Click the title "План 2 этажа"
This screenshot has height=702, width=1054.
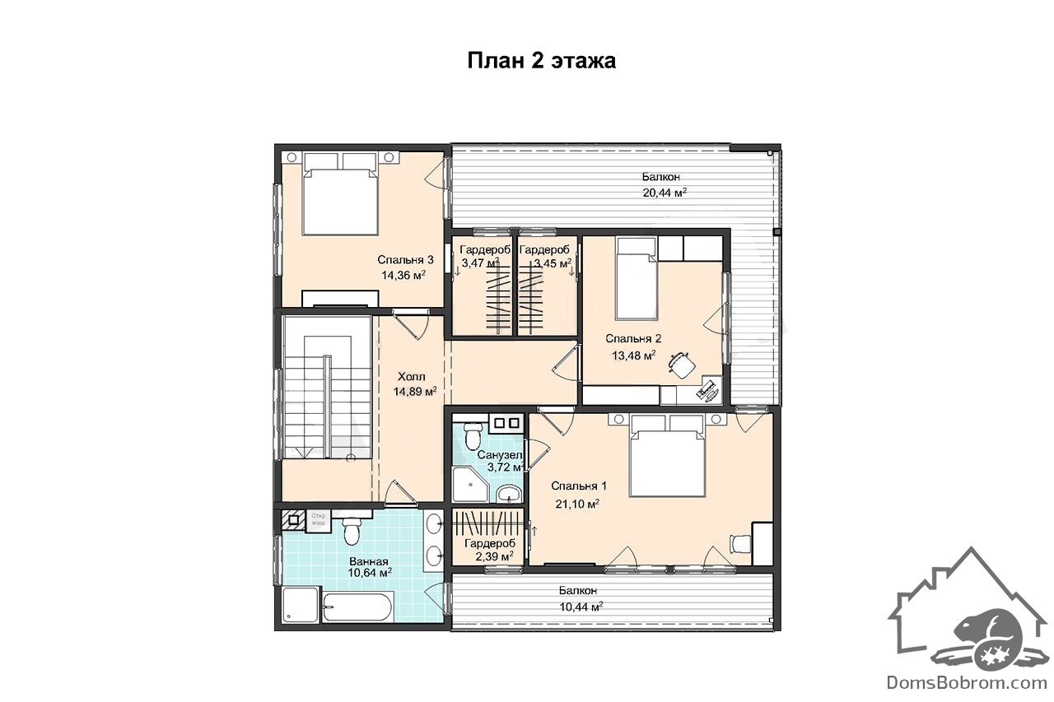(x=541, y=61)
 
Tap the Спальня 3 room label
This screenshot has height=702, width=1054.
(x=406, y=259)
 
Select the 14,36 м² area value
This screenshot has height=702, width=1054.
(x=403, y=275)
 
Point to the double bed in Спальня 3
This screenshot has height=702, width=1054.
(x=341, y=193)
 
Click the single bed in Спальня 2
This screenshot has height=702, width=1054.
(x=637, y=278)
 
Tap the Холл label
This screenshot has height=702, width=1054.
(x=412, y=377)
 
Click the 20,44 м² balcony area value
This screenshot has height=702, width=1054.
(x=665, y=193)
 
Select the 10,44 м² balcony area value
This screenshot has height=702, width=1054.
(x=581, y=607)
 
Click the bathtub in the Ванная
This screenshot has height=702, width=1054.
(x=357, y=607)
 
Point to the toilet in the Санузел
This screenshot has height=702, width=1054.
(x=473, y=435)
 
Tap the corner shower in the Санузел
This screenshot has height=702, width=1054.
(x=470, y=484)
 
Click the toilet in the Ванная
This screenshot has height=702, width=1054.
(x=352, y=530)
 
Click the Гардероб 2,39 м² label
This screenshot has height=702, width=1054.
(x=490, y=550)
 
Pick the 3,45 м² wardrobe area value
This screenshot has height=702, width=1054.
(x=553, y=263)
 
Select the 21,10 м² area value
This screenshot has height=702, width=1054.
(x=577, y=504)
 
